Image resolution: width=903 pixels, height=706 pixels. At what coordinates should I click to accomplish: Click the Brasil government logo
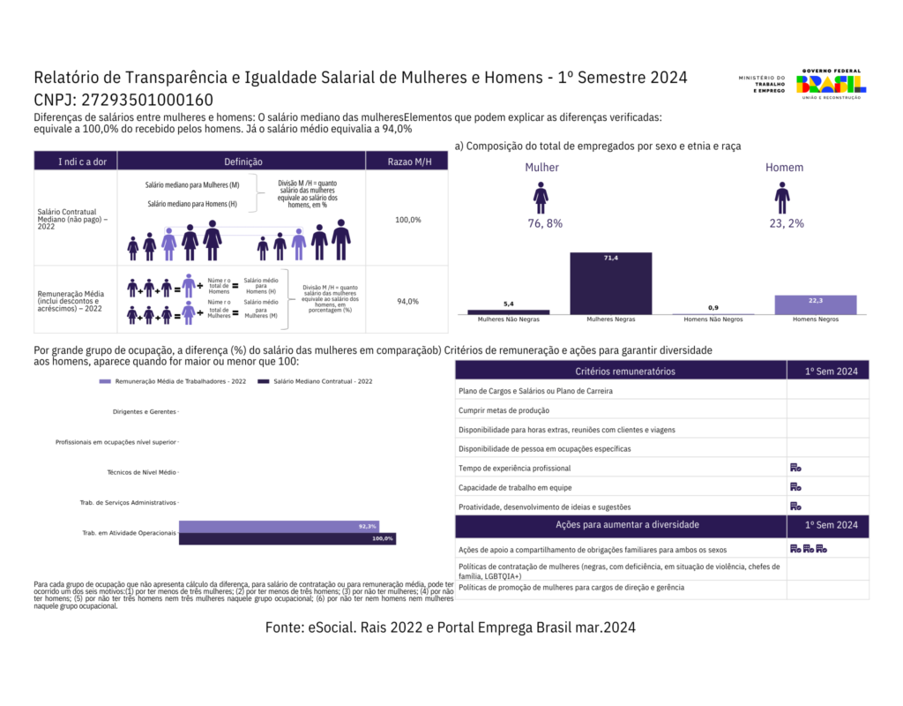831,85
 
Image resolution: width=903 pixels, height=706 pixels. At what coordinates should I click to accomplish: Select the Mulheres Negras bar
610,282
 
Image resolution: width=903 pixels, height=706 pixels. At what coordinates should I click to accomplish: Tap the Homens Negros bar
816,304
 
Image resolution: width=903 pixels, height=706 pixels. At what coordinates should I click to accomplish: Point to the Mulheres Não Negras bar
509,312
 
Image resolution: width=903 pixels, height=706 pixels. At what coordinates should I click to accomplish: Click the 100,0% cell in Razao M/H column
408,219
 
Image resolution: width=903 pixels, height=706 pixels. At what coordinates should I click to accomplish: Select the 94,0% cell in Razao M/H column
408,301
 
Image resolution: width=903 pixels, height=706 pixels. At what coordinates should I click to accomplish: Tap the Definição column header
243,161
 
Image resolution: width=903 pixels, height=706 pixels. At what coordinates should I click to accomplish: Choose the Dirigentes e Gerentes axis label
145,412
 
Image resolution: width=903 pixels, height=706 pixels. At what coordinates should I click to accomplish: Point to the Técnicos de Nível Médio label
141,473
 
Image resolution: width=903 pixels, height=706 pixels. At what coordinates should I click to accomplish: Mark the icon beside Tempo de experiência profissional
795,468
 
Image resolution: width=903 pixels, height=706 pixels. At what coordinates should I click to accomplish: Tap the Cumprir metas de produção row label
504,410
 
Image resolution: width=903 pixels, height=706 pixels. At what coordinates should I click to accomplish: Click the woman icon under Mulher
541,198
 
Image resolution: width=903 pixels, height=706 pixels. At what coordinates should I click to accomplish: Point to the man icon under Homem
782,198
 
